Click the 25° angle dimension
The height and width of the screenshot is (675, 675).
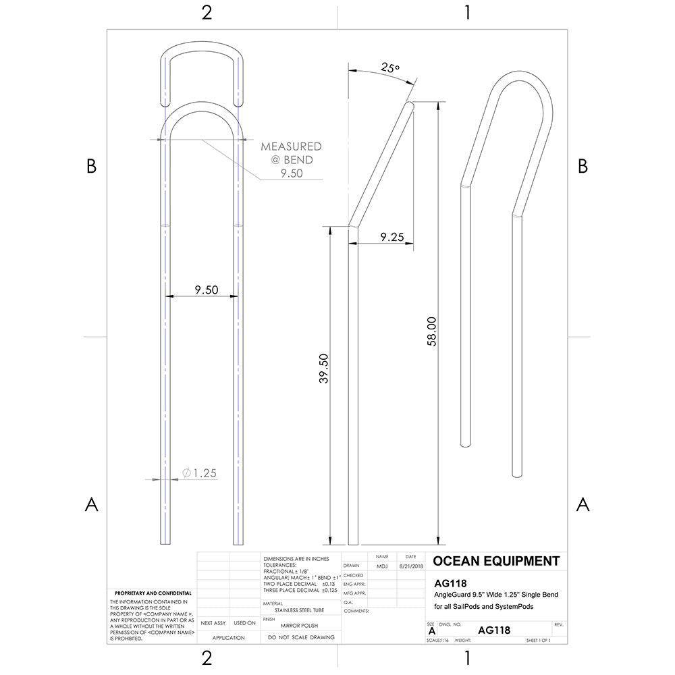coord(390,68)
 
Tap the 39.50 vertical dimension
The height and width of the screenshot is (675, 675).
coord(323,369)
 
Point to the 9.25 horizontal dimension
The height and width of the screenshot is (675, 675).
coord(392,237)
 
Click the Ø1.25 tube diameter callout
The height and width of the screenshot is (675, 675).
coord(199,473)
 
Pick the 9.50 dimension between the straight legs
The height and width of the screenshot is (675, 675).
coord(207,290)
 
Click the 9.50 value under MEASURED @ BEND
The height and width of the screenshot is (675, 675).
coord(292,173)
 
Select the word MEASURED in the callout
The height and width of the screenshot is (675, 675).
coord(291,146)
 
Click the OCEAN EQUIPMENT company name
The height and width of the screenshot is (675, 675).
coord(495,561)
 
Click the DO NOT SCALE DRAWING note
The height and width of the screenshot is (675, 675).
coord(301,638)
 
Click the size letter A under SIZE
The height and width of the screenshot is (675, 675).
coord(431,630)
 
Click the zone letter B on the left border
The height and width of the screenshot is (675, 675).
coord(91,167)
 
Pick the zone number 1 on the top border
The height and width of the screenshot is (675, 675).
coord(467,13)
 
